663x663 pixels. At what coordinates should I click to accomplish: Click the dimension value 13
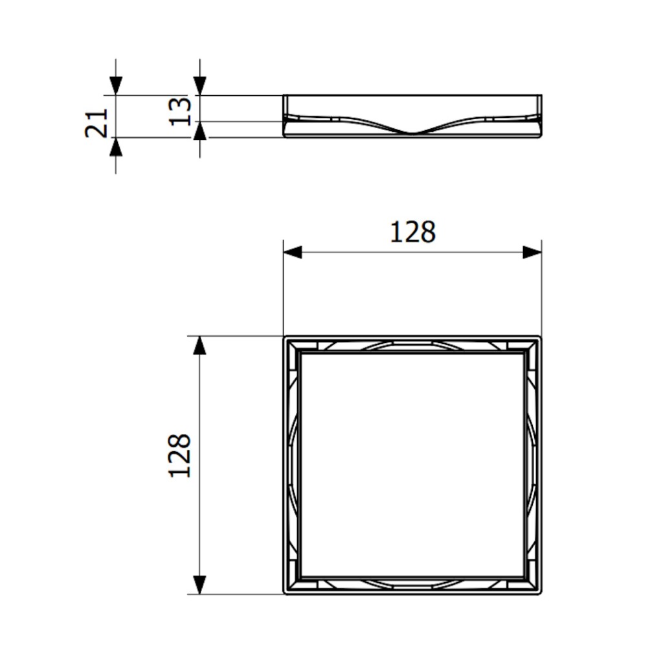click(x=180, y=111)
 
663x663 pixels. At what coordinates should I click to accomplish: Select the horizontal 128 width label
click(x=412, y=232)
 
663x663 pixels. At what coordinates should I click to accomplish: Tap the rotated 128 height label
click(x=180, y=455)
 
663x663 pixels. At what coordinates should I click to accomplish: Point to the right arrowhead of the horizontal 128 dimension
click(x=532, y=253)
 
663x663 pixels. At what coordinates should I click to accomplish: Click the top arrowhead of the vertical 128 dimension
click(x=200, y=346)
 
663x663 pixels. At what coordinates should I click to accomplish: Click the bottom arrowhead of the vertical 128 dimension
click(x=200, y=585)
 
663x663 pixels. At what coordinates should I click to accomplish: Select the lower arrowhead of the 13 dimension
click(x=200, y=131)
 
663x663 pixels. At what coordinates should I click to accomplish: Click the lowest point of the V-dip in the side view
click(x=412, y=133)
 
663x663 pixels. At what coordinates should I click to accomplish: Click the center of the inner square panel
click(x=412, y=465)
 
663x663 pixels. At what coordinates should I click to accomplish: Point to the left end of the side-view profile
click(x=284, y=117)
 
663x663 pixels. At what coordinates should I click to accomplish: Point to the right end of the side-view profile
click(x=541, y=117)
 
